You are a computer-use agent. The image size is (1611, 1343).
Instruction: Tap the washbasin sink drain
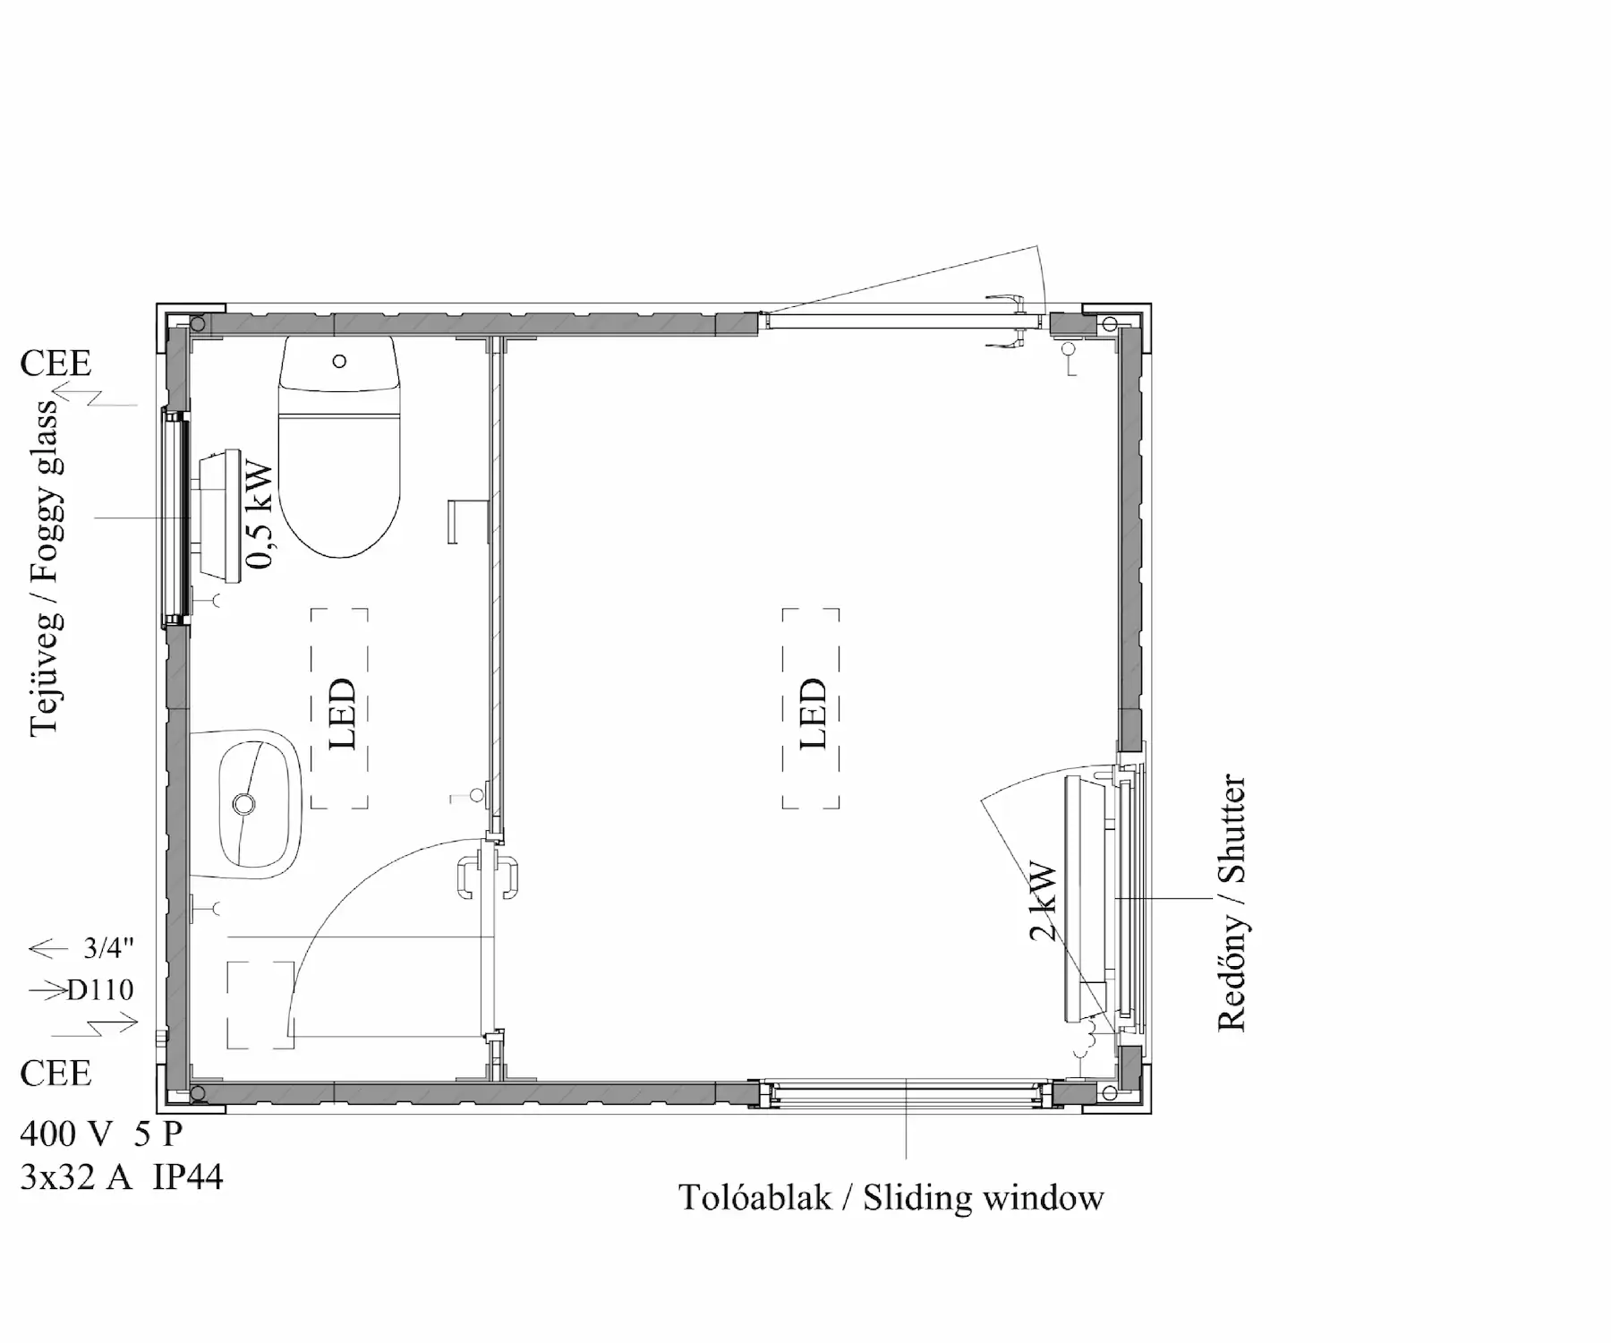coord(243,804)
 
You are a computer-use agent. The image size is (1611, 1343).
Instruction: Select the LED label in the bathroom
coord(341,714)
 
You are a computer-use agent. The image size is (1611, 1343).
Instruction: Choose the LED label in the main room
coord(812,714)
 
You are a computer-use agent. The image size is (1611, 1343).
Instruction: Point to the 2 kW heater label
coord(1044,902)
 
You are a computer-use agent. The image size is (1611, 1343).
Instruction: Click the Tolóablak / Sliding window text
coord(891,1198)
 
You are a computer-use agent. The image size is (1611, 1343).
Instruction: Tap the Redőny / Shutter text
coord(1232,902)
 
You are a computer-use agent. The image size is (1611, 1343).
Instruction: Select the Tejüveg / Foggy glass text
coord(44,568)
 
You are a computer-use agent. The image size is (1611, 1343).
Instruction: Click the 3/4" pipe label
coord(109,947)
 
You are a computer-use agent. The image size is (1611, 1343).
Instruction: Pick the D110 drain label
coord(100,989)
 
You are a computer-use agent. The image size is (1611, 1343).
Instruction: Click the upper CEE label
coord(55,364)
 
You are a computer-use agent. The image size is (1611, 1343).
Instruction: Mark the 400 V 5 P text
coord(101,1133)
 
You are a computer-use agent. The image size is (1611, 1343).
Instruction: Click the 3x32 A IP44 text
coord(122,1176)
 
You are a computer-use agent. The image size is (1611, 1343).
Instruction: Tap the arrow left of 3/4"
coord(48,948)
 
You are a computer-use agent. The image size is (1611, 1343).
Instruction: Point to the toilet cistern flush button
coord(339,361)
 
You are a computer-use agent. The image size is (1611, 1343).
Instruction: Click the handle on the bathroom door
coord(488,877)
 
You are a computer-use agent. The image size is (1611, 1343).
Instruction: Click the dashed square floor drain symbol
coord(260,1005)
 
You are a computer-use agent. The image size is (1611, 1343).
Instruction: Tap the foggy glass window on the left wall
coord(175,517)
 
